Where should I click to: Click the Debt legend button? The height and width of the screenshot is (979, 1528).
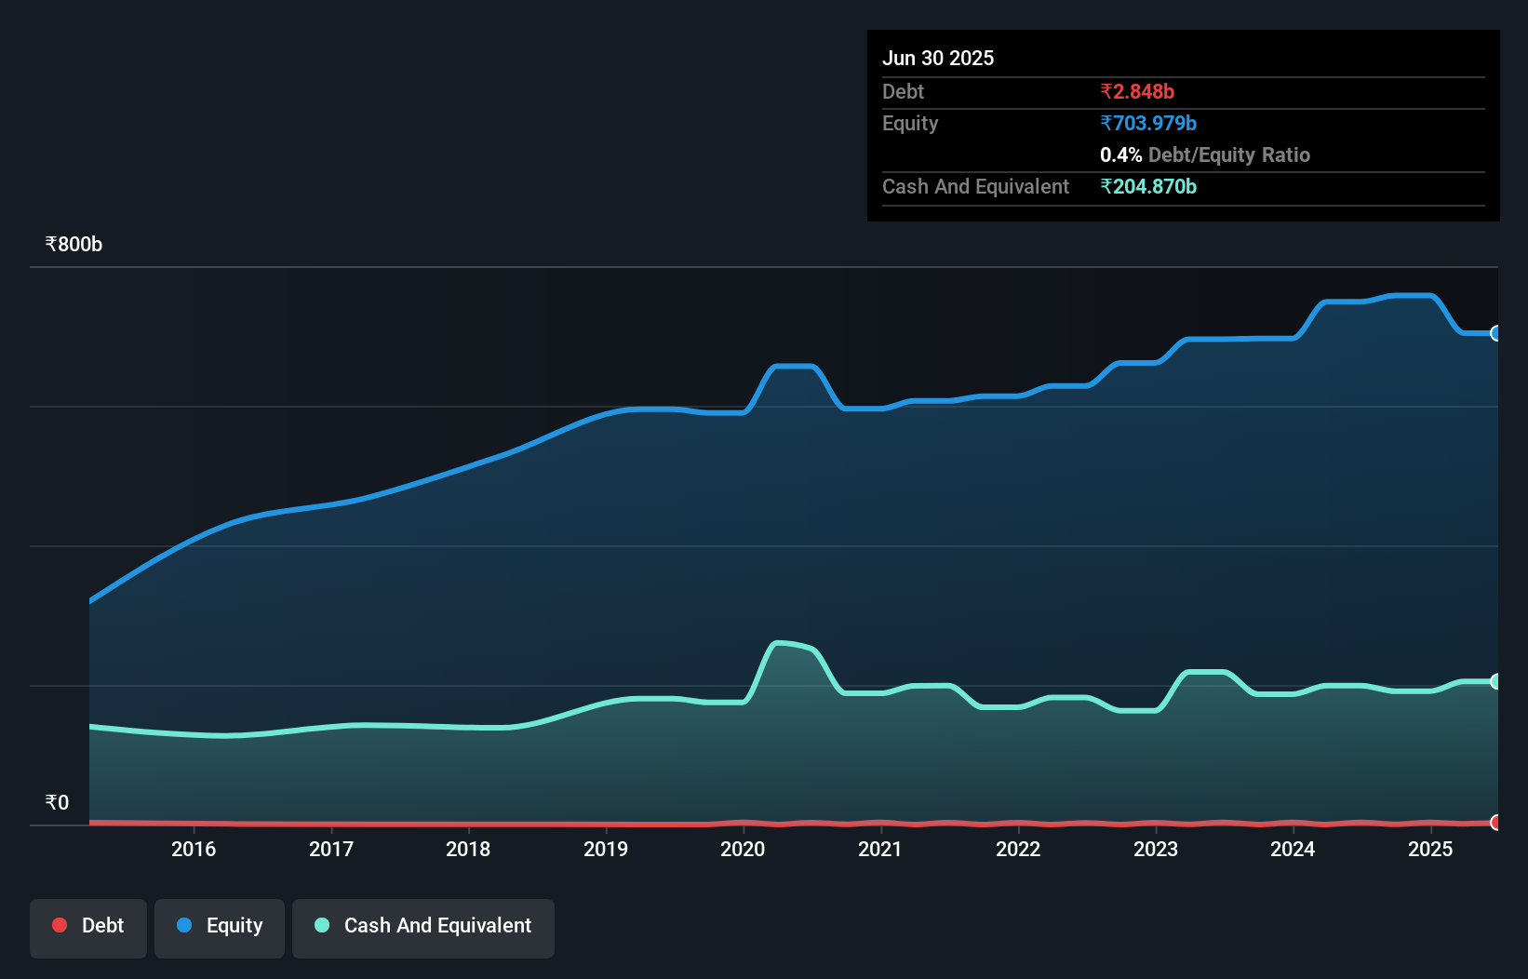(87, 927)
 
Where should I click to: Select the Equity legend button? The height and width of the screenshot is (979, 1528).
(220, 927)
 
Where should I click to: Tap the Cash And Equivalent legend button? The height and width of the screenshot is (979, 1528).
(423, 927)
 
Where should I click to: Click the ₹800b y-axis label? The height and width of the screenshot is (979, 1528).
(74, 245)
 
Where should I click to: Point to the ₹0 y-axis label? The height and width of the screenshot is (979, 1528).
(57, 803)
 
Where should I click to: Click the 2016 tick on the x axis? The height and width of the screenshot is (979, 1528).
(194, 849)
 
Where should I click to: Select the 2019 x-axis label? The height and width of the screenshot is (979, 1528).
(606, 849)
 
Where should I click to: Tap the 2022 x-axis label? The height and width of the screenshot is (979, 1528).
(1018, 849)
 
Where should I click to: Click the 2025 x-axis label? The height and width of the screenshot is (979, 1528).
(1430, 849)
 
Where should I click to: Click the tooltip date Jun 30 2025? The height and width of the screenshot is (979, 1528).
(938, 58)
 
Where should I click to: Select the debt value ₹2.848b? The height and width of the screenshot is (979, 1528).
(1137, 91)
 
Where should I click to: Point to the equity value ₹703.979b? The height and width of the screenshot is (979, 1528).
(1148, 123)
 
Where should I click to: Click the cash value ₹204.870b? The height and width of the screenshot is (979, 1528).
(1148, 186)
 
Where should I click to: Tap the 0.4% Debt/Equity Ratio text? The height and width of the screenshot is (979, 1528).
(1204, 154)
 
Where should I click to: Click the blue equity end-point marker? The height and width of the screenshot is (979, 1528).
(1496, 333)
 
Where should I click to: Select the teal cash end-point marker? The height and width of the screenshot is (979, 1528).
(1496, 681)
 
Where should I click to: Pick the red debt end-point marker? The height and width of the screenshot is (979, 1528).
(1496, 822)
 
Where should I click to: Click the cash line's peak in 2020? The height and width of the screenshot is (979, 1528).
(780, 643)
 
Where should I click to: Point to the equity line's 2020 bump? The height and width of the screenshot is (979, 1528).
(794, 367)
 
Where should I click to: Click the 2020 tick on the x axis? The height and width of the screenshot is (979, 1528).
(743, 849)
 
